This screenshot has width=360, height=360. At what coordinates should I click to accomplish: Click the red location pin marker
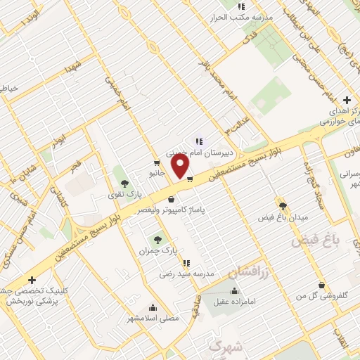tap(181, 166)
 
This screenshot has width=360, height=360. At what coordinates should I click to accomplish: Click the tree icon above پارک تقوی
tap(124, 184)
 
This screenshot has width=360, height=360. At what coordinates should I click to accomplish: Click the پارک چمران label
tap(155, 250)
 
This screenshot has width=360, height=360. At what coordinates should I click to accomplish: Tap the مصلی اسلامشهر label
tap(154, 318)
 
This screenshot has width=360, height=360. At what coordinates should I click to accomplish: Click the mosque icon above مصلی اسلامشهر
tap(154, 307)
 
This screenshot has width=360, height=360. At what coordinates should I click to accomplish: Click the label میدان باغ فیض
tap(283, 217)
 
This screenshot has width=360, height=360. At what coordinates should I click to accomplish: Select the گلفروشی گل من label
tap(323, 297)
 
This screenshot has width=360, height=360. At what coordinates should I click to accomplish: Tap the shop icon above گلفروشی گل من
tap(322, 285)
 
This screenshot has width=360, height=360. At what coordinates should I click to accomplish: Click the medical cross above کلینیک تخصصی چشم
tap(32, 280)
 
